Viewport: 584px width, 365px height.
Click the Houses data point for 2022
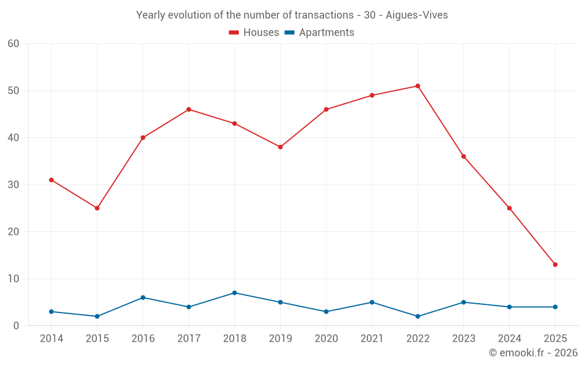coord(418,86)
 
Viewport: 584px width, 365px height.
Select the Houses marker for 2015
coord(97,208)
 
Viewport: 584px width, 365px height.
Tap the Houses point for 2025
coord(555,265)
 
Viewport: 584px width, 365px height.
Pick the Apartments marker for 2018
coord(234,293)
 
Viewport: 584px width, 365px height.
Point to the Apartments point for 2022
coord(418,317)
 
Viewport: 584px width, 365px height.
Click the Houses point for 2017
coord(189,109)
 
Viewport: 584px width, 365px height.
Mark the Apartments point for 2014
coord(51,312)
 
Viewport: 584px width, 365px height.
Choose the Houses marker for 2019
coord(280,147)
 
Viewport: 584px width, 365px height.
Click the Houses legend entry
coord(254,33)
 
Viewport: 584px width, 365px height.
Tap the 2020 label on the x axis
coord(326,339)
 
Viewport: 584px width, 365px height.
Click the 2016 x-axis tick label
coord(143,339)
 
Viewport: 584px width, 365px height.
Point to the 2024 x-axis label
coord(509,339)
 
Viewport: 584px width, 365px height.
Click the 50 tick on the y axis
coord(13,91)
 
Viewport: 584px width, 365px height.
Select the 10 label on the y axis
coord(13,279)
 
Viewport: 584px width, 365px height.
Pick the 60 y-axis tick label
coord(13,44)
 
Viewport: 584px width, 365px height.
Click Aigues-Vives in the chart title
coord(417,15)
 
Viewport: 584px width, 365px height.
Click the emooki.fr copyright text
coord(533,353)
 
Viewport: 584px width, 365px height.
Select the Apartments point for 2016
coord(143,297)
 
